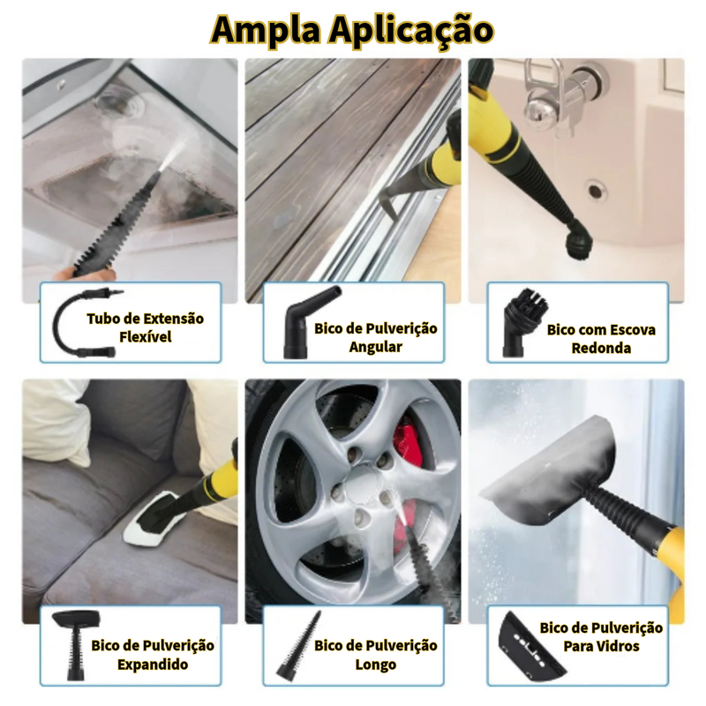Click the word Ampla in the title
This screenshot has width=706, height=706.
(x=267, y=30)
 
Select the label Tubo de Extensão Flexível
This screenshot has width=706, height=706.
(x=145, y=327)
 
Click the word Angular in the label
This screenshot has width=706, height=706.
(x=376, y=347)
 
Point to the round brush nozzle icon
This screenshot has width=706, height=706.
(x=525, y=322)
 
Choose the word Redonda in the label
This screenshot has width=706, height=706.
(x=601, y=348)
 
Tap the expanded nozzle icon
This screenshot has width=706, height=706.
(x=75, y=645)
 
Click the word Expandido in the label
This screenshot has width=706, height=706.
(x=153, y=665)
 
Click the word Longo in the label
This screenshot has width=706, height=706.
(x=376, y=665)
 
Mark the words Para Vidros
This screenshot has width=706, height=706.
(x=601, y=647)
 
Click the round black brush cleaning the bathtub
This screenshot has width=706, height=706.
(x=577, y=244)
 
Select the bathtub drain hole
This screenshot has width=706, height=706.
(x=595, y=191)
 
